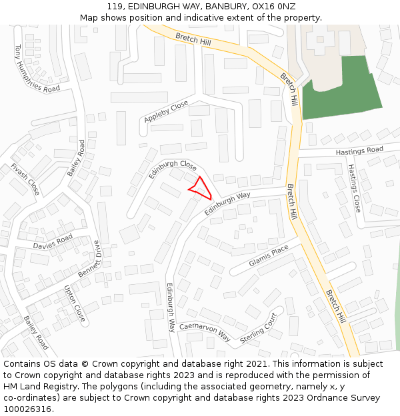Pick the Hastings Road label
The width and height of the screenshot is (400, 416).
pyautogui.click(x=359, y=152)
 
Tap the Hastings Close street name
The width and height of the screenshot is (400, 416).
pyautogui.click(x=353, y=188)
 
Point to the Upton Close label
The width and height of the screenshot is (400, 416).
pyautogui.click(x=74, y=304)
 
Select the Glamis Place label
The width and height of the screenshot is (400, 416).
pyautogui.click(x=269, y=255)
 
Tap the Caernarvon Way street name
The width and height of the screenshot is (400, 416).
pyautogui.click(x=205, y=332)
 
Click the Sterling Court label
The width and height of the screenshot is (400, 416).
pyautogui.click(x=258, y=328)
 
